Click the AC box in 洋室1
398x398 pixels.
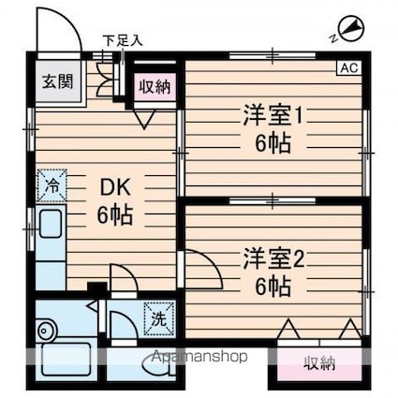click(349, 67)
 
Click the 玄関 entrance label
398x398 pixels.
click(58, 81)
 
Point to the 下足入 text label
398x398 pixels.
click(123, 40)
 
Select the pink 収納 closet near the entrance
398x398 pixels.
click(155, 87)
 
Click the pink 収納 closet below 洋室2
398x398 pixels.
click(319, 363)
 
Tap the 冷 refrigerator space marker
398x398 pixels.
click(52, 185)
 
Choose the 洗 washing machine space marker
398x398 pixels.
click(159, 318)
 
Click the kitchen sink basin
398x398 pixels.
click(50, 224)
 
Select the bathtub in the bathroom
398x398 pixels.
click(66, 359)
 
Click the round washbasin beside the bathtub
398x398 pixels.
click(47, 330)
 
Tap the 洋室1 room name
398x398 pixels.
click(273, 115)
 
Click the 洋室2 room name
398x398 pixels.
click(273, 258)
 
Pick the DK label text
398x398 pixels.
click(115, 187)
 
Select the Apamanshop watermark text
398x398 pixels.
click(199, 356)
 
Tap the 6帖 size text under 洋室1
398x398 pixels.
click(273, 143)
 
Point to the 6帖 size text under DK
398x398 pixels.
click(115, 215)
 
